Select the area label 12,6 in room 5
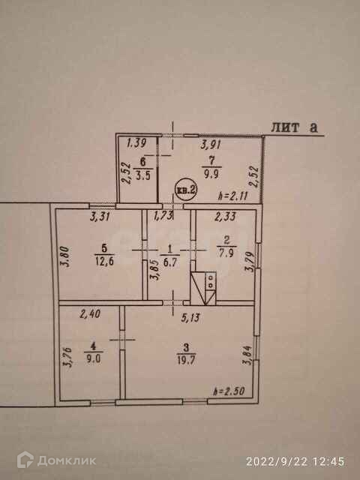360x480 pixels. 104,262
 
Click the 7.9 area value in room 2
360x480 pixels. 226,254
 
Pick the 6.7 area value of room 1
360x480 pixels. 170,262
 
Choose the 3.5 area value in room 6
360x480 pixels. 143,176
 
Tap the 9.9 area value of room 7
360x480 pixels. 211,175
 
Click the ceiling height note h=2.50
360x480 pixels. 229,391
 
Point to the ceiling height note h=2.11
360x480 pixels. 233,195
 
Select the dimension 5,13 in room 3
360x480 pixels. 190,318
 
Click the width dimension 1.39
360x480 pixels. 136,142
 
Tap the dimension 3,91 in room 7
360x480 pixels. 211,143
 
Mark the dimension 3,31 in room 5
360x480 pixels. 100,217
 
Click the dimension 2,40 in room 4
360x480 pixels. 90,313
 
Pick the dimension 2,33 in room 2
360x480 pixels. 225,217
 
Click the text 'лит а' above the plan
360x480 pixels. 295,127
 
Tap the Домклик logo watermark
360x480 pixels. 56,460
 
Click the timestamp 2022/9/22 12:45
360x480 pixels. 295,461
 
